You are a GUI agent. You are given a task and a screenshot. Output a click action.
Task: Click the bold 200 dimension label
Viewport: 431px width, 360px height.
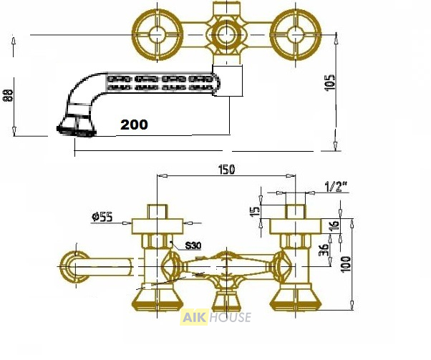(x=134, y=125)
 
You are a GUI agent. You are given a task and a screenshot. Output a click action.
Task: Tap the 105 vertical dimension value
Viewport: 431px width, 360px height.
(x=331, y=82)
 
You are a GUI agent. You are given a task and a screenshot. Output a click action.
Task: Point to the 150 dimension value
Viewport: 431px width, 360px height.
(x=226, y=170)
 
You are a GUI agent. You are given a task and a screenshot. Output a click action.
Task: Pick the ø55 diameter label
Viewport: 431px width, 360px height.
(x=102, y=217)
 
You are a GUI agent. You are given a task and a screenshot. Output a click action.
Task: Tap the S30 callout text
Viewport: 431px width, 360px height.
(x=193, y=245)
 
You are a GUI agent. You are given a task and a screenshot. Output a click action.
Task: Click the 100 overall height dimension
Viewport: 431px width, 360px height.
(x=346, y=264)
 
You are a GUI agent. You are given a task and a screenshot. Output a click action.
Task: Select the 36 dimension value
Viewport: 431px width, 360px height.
(x=324, y=250)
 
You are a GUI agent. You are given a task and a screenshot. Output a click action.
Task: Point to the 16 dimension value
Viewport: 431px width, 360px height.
(x=334, y=225)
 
